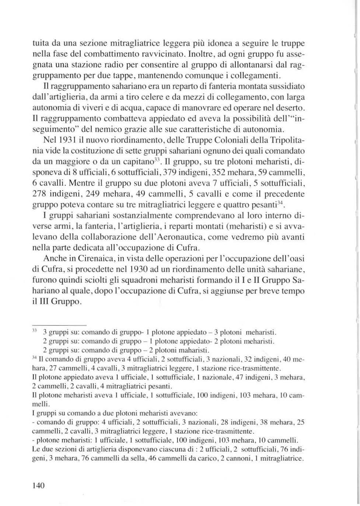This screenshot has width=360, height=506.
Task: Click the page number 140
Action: [39, 485]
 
